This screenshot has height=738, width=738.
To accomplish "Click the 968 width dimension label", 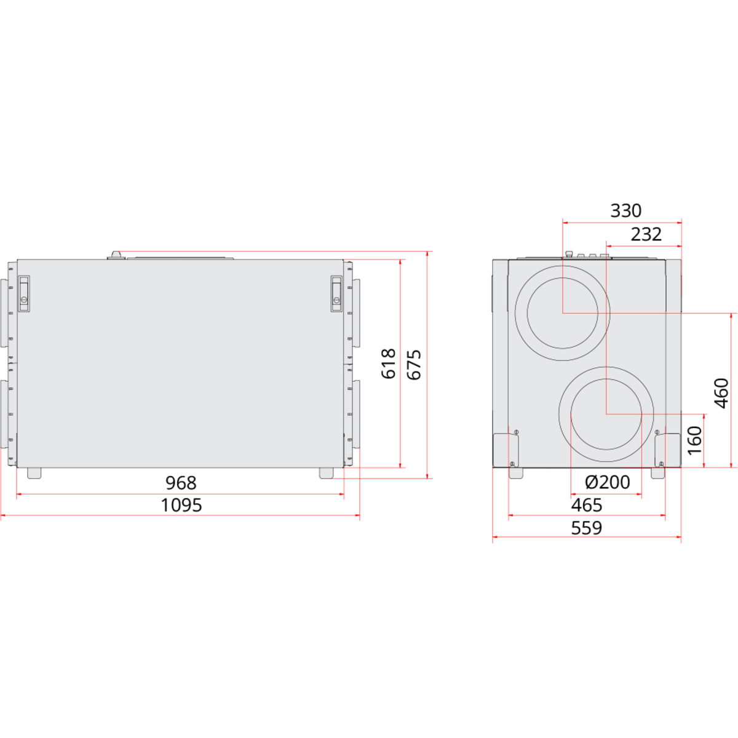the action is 181,483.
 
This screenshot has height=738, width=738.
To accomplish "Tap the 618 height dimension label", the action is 388,364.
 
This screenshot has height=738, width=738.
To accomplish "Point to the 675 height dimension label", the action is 414,365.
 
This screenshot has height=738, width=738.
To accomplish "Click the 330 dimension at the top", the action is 626,211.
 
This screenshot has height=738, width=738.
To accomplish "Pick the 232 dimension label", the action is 646,234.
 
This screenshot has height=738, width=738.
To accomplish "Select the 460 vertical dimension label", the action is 721,393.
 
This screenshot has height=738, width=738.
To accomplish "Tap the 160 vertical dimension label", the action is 695,440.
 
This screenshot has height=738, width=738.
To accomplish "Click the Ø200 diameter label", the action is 608,483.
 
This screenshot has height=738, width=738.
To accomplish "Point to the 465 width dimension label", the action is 587,505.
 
